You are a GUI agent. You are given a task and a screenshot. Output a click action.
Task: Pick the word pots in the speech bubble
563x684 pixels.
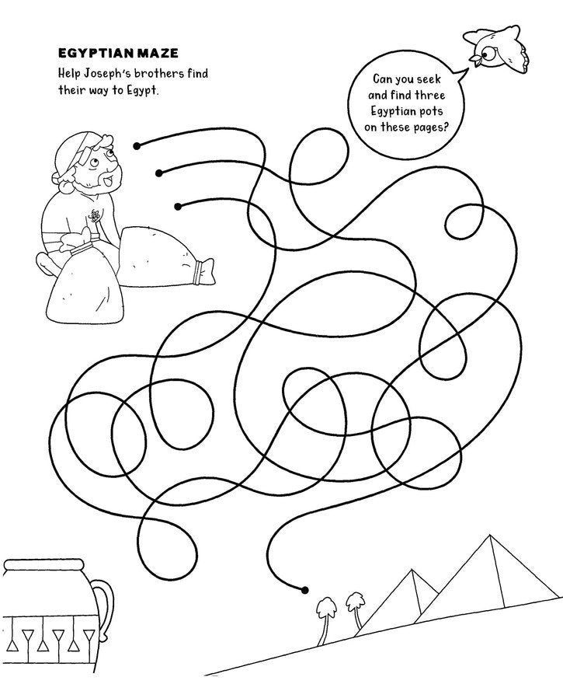tap(440, 112)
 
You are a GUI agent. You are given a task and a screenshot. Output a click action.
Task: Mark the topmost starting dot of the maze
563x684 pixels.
tap(137, 145)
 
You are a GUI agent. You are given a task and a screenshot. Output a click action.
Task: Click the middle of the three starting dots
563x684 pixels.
tap(159, 173)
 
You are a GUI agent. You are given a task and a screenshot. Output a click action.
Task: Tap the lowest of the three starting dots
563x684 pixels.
tap(179, 206)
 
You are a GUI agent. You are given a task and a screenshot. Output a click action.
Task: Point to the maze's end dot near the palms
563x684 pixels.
tap(304, 589)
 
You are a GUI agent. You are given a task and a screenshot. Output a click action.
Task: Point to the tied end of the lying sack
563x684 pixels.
tap(205, 272)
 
